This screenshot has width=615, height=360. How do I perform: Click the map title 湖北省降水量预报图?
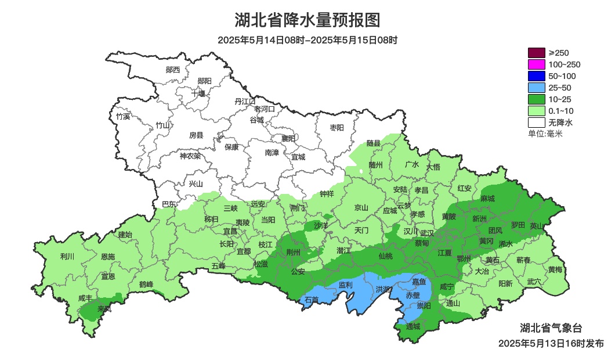307,20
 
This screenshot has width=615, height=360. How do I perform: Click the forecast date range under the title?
307,40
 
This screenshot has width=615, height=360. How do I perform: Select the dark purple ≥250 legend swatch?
537,53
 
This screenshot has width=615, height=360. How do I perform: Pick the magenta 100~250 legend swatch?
537,64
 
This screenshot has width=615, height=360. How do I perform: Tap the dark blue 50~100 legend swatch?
537,76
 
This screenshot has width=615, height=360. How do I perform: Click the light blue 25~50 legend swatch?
537,88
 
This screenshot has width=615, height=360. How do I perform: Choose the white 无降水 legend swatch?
537,123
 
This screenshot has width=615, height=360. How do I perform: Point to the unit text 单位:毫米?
545,134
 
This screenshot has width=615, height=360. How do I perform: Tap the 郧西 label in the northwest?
173,70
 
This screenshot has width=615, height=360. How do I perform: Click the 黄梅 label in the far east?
555,269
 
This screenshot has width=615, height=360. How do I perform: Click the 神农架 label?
190,156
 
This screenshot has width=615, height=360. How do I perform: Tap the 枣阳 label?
337,127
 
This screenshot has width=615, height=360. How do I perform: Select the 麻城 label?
487,199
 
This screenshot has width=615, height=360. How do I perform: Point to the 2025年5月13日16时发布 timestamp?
551,344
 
